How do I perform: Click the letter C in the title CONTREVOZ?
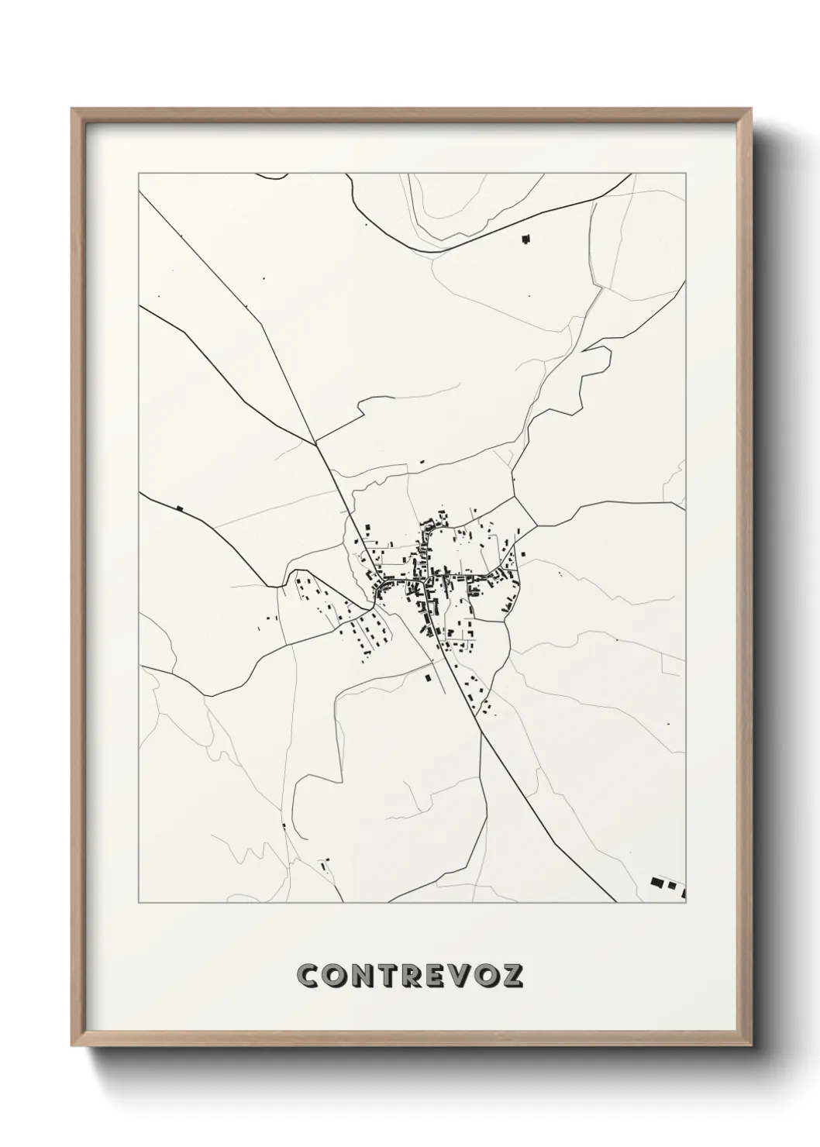pos(311,976)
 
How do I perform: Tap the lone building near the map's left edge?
pos(180,508)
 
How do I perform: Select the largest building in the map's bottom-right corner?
pos(657,882)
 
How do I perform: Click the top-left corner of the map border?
pos(139,174)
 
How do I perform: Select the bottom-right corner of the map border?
pos(687,903)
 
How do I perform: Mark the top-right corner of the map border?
pos(687,174)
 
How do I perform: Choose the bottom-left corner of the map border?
pos(139,903)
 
